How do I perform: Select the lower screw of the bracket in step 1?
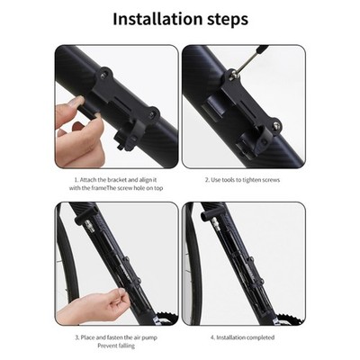pos(152,113)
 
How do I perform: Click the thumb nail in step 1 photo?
pos(76,101)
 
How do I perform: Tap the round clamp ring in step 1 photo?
pos(133,137)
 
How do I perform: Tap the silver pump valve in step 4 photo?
pos(214,222)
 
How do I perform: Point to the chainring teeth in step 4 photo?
pos(291,319)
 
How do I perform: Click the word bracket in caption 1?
pos(117,180)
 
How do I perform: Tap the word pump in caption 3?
pos(149,338)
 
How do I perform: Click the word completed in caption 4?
pos(258,337)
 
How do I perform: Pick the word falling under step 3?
pos(125,346)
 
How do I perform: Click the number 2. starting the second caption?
pos(207,180)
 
